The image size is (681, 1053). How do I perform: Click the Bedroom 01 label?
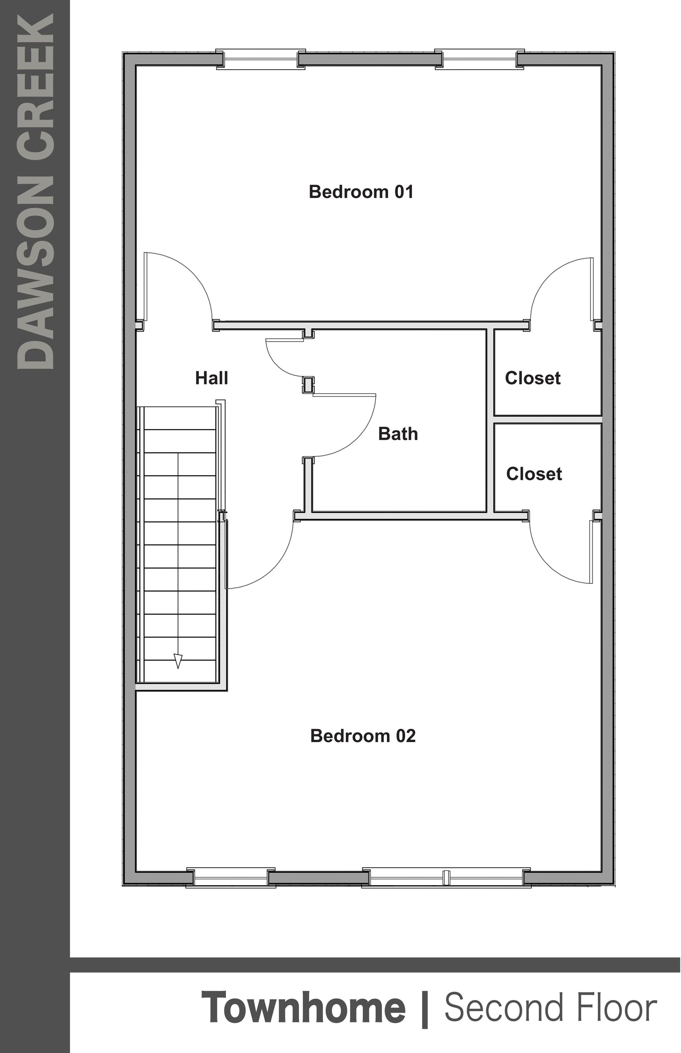pos(361,192)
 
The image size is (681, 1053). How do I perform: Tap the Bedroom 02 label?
pos(362,736)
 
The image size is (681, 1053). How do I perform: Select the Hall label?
pos(211,378)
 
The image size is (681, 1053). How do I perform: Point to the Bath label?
pos(398,434)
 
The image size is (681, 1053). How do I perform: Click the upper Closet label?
pos(532,378)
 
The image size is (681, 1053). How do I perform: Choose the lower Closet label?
pos(534,474)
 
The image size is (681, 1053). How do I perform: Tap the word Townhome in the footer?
pos(303,1008)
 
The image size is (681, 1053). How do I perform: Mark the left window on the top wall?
pos(260,59)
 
